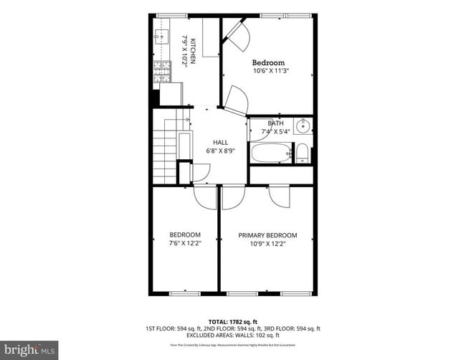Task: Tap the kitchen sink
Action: pyautogui.click(x=159, y=33)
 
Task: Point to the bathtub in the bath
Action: pyautogui.click(x=270, y=152)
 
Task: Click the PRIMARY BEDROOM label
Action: pyautogui.click(x=267, y=235)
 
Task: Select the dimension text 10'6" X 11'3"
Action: pyautogui.click(x=269, y=71)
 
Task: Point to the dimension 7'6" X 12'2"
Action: pyautogui.click(x=185, y=244)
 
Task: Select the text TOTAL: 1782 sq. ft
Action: pyautogui.click(x=233, y=321)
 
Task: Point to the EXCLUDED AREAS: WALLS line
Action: pyautogui.click(x=233, y=335)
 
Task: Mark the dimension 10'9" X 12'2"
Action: pyautogui.click(x=267, y=244)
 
